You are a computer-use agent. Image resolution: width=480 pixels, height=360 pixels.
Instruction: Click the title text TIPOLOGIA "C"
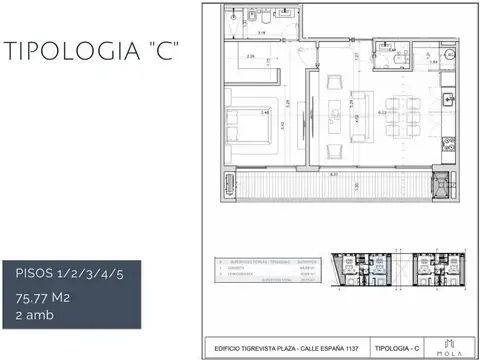tap(91, 52)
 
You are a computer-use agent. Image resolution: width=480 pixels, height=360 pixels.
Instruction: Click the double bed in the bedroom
tap(244, 126)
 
